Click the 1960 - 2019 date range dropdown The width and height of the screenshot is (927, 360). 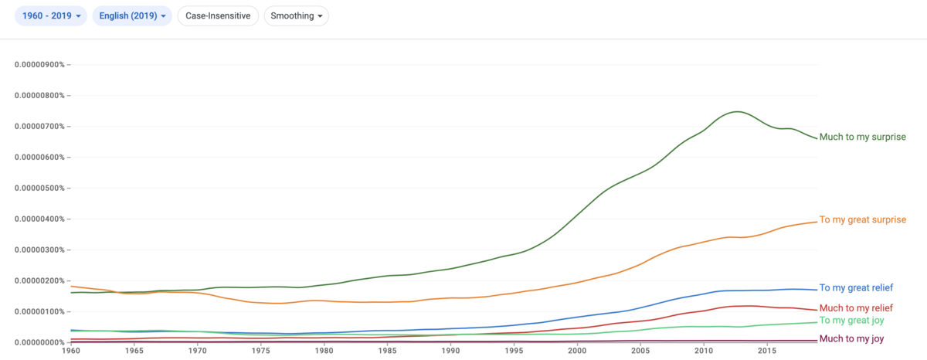click(51, 15)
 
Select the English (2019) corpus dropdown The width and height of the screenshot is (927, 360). click(132, 15)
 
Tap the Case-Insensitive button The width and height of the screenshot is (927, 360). click(218, 15)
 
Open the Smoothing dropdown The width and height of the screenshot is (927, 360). click(297, 15)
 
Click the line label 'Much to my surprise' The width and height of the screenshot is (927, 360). click(862, 137)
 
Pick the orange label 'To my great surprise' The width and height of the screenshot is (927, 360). click(863, 219)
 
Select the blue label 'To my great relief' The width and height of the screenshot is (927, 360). click(856, 287)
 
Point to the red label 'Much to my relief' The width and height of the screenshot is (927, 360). click(856, 308)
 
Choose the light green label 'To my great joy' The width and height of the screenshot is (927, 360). click(851, 321)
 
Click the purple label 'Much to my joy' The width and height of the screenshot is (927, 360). click(851, 338)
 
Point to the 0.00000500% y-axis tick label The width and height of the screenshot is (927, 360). click(39, 188)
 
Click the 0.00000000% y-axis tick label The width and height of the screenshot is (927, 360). click(39, 342)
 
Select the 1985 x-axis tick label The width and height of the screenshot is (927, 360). click(387, 351)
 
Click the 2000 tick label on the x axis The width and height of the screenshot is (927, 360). click(577, 351)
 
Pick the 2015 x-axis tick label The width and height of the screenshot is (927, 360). click(767, 351)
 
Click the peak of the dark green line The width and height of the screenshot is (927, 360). click(737, 112)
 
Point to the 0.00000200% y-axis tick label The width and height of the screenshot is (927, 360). click(39, 280)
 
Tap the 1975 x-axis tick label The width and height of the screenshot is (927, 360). click(261, 351)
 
